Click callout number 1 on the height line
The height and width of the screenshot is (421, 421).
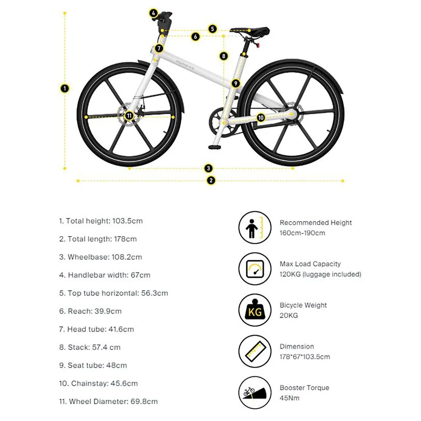tap(65, 88)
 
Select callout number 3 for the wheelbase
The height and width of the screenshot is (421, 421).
tap(209, 168)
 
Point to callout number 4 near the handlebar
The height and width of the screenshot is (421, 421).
tap(154, 13)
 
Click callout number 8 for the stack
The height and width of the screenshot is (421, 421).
tap(224, 56)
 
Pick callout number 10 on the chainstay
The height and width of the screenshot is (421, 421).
tap(261, 117)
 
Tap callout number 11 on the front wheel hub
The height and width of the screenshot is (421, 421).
tap(129, 115)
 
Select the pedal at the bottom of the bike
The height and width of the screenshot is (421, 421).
tap(214, 147)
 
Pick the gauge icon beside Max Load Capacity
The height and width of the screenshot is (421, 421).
tap(254, 269)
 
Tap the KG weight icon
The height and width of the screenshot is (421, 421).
tap(254, 310)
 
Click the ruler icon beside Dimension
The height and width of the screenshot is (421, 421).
tap(254, 352)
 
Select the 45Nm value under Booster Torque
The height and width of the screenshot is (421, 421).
tap(290, 398)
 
